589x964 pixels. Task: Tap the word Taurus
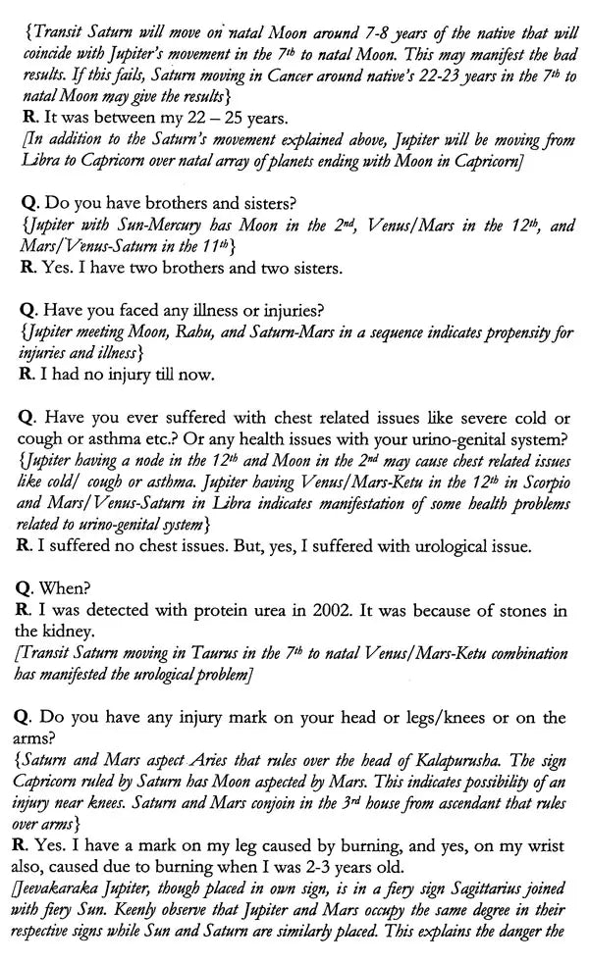[x=219, y=653]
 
